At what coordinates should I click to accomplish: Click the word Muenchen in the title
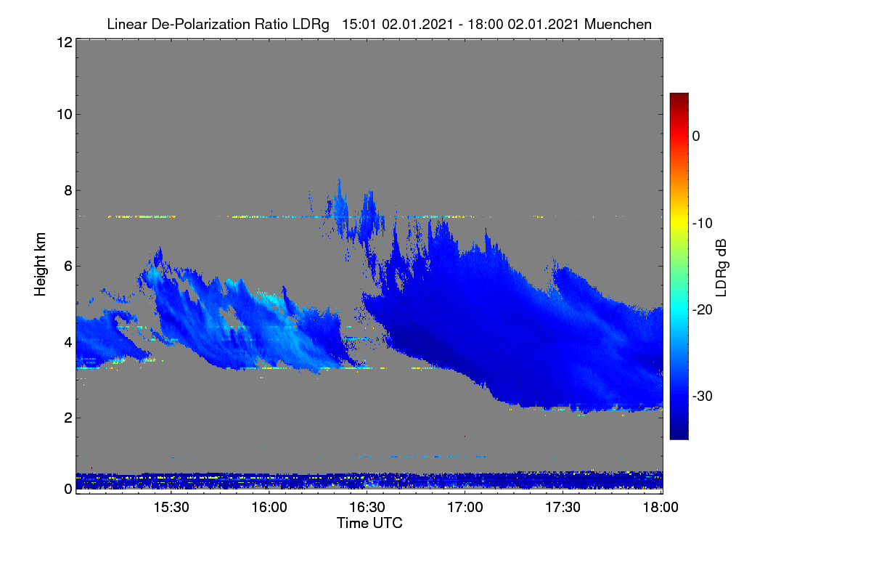pos(618,25)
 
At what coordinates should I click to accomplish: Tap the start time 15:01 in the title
pos(359,25)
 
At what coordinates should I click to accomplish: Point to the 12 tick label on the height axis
pos(65,42)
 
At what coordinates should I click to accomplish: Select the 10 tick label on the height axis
pos(65,115)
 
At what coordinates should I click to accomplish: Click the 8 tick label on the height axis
pos(68,191)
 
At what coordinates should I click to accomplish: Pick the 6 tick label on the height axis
pos(68,267)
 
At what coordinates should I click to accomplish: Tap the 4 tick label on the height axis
pos(68,343)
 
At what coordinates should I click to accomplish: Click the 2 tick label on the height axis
pos(68,418)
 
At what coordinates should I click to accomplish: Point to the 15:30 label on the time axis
pos(171,508)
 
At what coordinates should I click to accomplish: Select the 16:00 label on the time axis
pos(269,508)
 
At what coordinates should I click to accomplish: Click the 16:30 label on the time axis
pos(367,508)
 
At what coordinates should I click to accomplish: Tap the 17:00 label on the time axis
pos(465,508)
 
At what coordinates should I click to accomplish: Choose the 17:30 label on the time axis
pos(563,508)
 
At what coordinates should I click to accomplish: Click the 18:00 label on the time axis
pos(661,508)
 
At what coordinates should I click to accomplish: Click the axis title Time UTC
pos(369,523)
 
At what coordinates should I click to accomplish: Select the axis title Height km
pos(40,264)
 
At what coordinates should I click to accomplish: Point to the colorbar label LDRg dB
pos(721,268)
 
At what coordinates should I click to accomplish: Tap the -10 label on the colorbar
pos(703,224)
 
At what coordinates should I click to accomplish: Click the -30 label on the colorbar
pos(703,396)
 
